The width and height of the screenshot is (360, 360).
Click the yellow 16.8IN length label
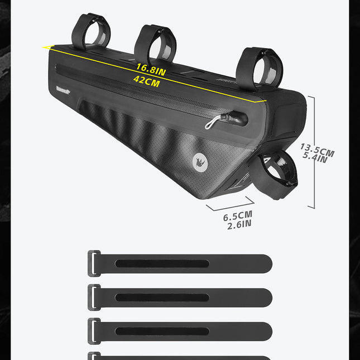pos(151,70)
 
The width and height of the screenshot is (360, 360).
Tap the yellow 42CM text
pos(146,81)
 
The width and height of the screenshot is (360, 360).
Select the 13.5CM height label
pos(317,150)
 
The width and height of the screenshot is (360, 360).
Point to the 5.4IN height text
pos(315,157)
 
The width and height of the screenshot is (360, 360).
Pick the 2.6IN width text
pos(239,224)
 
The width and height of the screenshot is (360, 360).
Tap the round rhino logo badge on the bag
pos(200,162)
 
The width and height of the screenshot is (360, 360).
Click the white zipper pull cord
pos(213,122)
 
